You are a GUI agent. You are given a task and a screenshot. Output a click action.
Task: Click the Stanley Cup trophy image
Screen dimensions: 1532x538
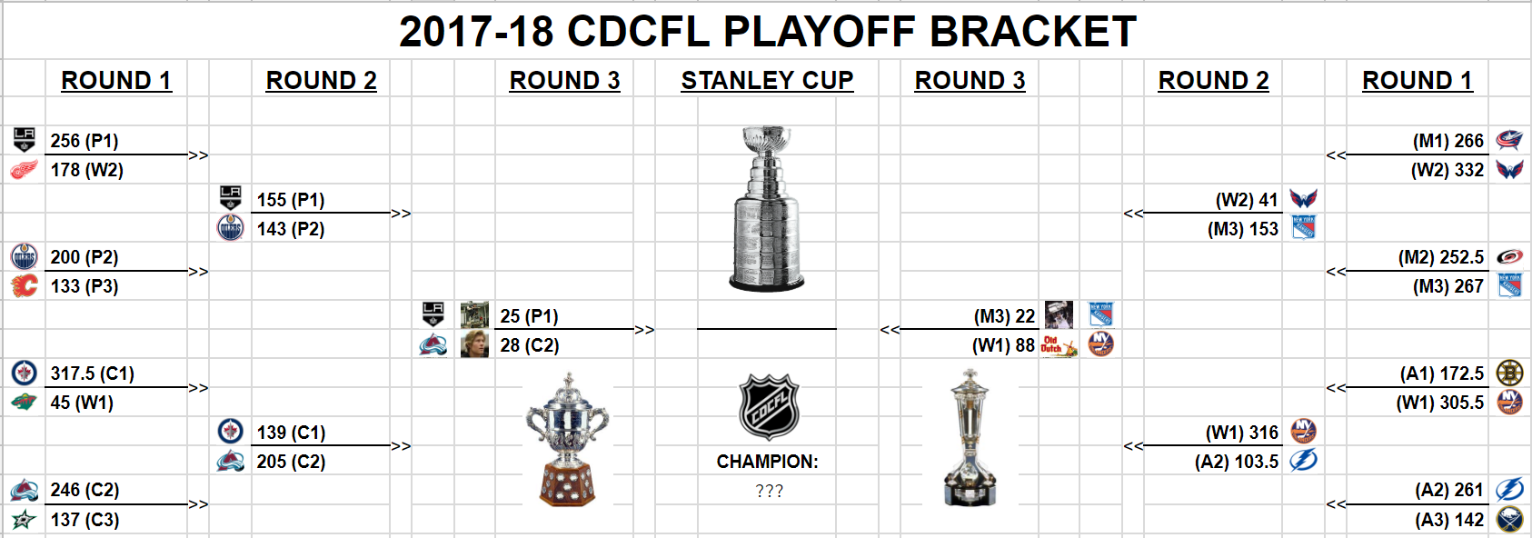click(x=767, y=208)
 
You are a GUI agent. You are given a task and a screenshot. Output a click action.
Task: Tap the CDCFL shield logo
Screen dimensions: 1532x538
click(x=769, y=407)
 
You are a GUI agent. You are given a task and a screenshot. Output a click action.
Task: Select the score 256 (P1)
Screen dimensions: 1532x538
click(x=85, y=141)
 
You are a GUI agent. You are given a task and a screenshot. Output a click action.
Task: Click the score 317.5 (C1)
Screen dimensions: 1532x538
click(x=93, y=374)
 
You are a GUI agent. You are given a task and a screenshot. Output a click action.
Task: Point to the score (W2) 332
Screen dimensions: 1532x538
click(x=1447, y=170)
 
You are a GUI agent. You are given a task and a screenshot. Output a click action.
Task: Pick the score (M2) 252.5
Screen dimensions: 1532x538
click(x=1441, y=258)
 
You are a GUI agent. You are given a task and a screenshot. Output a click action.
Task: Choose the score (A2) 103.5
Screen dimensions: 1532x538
click(x=1237, y=463)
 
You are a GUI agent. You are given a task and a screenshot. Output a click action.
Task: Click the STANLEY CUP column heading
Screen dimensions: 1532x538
click(x=767, y=81)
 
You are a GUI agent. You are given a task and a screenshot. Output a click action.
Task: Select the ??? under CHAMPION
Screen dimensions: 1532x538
click(x=769, y=491)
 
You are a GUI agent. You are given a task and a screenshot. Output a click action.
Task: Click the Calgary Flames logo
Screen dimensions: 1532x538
click(x=24, y=285)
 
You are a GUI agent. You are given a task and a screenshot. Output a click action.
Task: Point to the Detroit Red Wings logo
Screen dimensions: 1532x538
click(x=24, y=170)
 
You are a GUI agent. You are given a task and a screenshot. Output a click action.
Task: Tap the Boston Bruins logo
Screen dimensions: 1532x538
click(x=1509, y=374)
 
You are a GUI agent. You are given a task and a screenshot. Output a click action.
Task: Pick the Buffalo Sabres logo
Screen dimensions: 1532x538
click(x=1509, y=520)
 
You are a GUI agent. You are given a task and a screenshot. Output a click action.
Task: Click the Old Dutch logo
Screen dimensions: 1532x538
click(x=1059, y=345)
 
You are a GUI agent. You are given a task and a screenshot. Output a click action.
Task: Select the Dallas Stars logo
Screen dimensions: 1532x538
click(x=24, y=520)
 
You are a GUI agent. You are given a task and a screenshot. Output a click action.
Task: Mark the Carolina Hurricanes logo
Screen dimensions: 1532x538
click(x=1509, y=257)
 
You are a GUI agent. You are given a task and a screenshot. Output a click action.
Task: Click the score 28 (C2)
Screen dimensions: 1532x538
click(x=530, y=346)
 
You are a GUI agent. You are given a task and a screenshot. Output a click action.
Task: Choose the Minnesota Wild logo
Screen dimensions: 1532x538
click(x=24, y=403)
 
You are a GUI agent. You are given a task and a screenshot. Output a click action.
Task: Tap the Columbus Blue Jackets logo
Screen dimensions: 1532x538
click(x=1509, y=140)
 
